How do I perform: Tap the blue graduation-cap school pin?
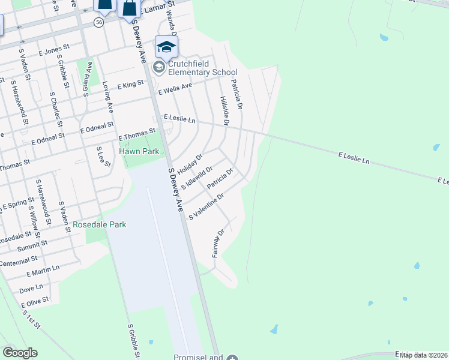(x=166, y=47)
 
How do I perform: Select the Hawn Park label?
(x=139, y=152)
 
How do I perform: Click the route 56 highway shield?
(x=99, y=22)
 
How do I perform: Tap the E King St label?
(x=131, y=86)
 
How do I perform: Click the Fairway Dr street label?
(x=218, y=244)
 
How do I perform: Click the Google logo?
(x=20, y=353)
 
